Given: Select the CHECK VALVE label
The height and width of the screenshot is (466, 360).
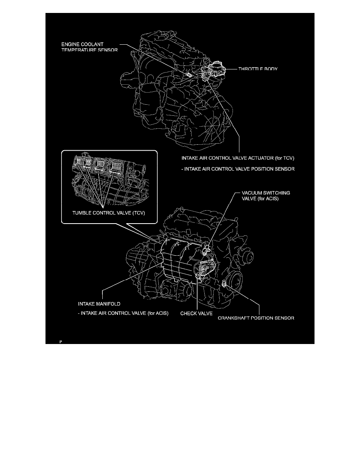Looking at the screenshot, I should tap(196, 314).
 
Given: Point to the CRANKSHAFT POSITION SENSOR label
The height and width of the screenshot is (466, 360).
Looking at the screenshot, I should tap(256, 318).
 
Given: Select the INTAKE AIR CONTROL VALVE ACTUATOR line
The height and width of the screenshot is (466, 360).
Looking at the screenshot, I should tap(238, 159).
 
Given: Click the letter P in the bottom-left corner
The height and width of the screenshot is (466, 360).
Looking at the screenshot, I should tap(61, 342).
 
